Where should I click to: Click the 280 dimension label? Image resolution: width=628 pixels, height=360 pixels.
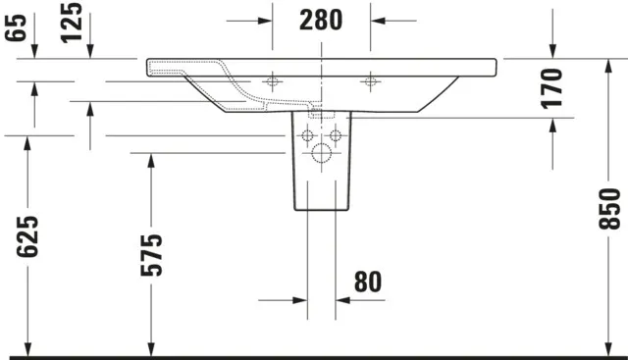[x=320, y=19]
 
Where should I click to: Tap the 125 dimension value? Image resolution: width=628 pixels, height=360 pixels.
[x=70, y=22]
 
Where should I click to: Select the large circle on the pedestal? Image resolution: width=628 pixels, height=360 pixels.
[x=321, y=153]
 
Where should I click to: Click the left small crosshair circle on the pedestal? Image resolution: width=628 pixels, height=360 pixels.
[x=307, y=133]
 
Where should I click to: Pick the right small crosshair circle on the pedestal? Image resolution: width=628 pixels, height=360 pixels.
[x=335, y=133]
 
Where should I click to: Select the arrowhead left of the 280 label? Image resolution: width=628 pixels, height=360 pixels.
[x=262, y=19]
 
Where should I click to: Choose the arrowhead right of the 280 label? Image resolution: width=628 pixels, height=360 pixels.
[x=380, y=19]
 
